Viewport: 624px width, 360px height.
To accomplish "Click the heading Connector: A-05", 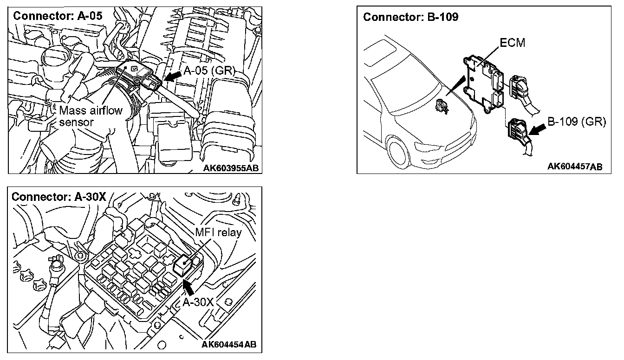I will (58, 15).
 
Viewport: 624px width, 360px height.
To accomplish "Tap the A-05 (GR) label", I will (210, 71).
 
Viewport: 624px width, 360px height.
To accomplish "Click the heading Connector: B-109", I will (411, 17).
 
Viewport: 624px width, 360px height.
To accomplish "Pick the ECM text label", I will (513, 43).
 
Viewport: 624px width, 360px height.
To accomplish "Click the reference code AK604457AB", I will (575, 167).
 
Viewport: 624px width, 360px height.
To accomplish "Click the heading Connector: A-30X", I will (59, 196).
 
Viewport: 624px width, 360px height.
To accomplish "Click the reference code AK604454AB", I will (228, 345).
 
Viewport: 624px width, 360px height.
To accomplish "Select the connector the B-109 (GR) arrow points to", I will (517, 129).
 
